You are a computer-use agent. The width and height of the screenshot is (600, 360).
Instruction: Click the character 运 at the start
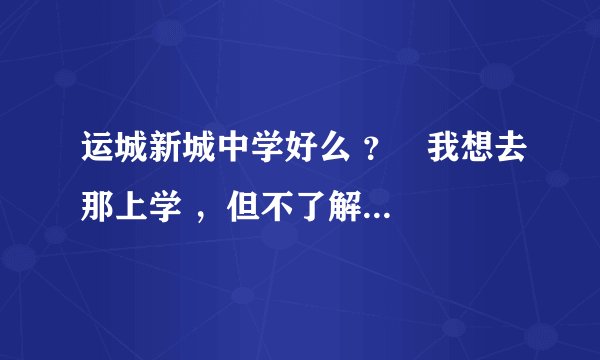(x=98, y=156)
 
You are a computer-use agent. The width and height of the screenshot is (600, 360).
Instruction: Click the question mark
(x=373, y=157)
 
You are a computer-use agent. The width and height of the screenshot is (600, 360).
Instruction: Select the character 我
(x=447, y=156)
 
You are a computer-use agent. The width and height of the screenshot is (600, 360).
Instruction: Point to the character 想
(x=482, y=156)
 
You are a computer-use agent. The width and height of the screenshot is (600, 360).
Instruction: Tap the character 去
(x=517, y=156)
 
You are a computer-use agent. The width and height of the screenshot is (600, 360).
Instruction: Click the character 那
(x=98, y=207)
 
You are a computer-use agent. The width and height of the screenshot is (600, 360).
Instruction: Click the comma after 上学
(x=204, y=212)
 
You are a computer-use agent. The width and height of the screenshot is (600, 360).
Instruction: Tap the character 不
(x=281, y=207)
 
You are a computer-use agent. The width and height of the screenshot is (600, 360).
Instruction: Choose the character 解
(x=351, y=207)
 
